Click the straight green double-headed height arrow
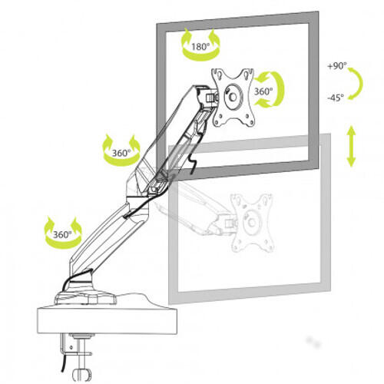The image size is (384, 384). click(351, 147)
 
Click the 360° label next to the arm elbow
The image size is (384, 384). click(121, 152)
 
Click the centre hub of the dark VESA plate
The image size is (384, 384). click(232, 98)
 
